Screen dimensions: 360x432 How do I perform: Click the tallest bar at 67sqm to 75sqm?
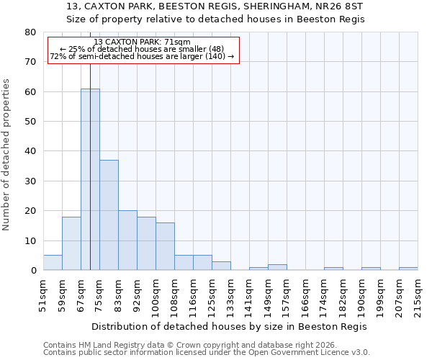[90, 179]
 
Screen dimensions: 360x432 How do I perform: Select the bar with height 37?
[109, 215]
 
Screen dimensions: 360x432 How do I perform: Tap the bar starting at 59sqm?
[71, 243]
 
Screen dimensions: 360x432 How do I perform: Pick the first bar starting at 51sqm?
[53, 263]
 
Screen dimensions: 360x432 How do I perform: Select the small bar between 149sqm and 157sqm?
[277, 267]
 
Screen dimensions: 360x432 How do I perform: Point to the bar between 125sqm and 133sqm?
[221, 266]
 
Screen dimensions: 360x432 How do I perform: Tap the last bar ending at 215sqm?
[408, 269]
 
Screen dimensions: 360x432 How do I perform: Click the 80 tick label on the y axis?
[30, 32]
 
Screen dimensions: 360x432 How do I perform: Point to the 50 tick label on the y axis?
[30, 122]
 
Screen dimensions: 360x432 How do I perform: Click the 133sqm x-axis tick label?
[230, 295]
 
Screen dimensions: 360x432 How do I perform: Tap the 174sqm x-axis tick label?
[324, 295]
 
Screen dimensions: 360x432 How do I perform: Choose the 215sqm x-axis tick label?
[418, 295]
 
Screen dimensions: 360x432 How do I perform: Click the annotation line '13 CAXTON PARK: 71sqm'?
[142, 42]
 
